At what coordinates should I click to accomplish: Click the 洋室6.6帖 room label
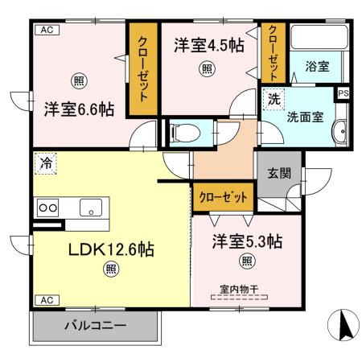tap(78, 107)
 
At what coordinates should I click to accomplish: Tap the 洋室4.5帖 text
tap(208, 47)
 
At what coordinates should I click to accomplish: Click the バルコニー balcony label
tap(95, 327)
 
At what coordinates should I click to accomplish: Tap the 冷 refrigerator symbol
tap(46, 163)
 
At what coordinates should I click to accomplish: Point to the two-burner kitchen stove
tap(47, 207)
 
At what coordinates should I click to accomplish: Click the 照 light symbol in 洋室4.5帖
tap(208, 68)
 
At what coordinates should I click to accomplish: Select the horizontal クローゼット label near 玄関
tap(223, 195)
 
